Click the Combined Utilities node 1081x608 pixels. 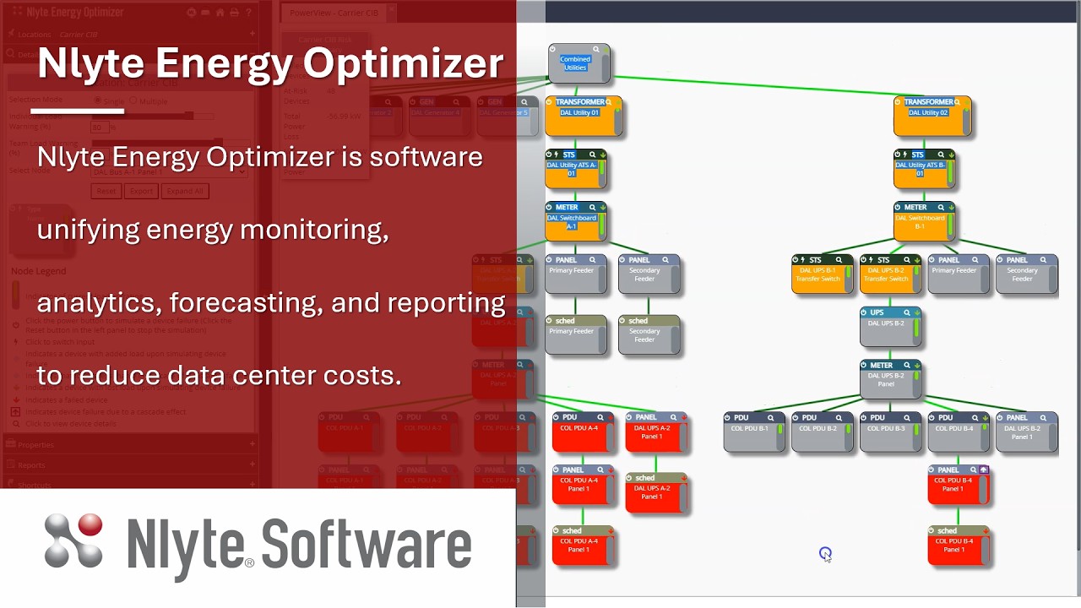[x=579, y=64]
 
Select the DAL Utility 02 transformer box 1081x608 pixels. [x=932, y=117]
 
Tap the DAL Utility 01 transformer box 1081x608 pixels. [x=583, y=117]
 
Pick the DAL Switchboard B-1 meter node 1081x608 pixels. [x=924, y=222]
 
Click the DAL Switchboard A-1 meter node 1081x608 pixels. [x=575, y=222]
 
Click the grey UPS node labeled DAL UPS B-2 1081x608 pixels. [x=890, y=328]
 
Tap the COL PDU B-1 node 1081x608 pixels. [x=752, y=432]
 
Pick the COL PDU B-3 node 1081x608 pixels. [x=889, y=432]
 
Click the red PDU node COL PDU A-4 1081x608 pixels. [x=583, y=432]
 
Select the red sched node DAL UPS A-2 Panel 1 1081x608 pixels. [x=655, y=493]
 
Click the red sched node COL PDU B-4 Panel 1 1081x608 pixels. [x=957, y=546]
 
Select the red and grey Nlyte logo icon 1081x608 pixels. [x=74, y=540]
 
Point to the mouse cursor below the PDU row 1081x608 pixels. [x=825, y=554]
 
